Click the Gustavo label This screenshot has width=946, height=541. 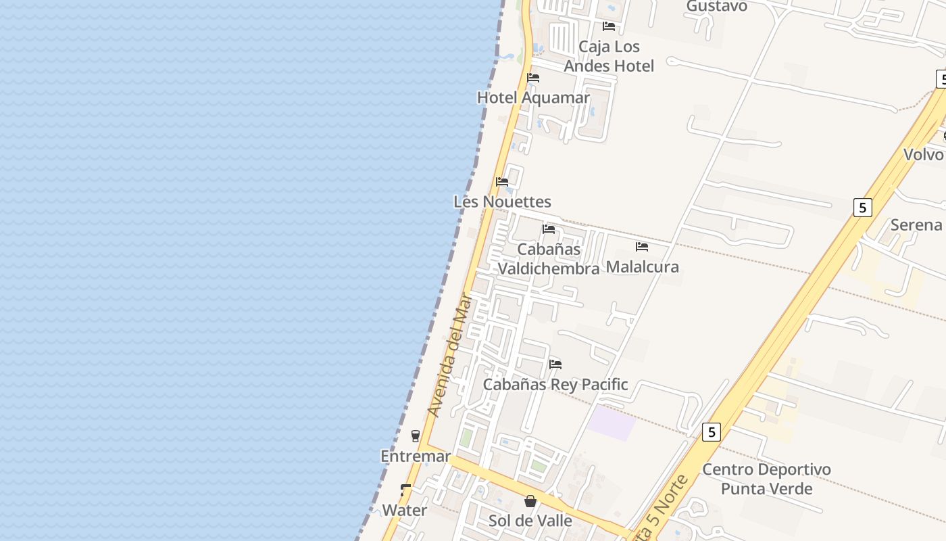716,6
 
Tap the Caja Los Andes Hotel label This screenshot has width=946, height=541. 609,56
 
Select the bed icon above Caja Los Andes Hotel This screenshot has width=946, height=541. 609,26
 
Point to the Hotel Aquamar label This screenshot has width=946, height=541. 534,97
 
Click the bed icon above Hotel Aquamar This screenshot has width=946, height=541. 533,78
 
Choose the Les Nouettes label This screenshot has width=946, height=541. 502,202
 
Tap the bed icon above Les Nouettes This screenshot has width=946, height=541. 502,182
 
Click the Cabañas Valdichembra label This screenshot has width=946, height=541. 549,259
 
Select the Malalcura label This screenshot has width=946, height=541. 642,266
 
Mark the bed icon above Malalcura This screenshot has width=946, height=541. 642,247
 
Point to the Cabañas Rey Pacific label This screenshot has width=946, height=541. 555,385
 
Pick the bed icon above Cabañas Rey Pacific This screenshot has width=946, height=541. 555,364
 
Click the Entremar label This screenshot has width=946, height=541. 416,456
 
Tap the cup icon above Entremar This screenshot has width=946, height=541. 416,436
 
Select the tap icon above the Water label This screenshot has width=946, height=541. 405,490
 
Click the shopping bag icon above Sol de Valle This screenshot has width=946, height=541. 530,501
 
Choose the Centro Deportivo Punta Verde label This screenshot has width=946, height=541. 766,479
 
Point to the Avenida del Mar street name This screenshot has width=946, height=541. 449,354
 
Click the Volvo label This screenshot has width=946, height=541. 923,154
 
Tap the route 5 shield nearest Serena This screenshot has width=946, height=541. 862,207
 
